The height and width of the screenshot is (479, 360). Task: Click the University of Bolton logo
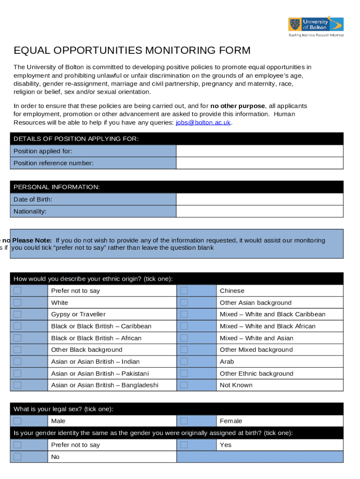pyautogui.click(x=316, y=26)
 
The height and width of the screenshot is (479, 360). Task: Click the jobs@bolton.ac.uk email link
pyautogui.click(x=203, y=123)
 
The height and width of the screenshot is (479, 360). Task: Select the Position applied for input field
pyautogui.click(x=259, y=151)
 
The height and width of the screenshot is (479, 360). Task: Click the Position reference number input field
pyautogui.click(x=259, y=163)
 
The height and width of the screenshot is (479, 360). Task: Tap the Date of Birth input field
pyautogui.click(x=259, y=199)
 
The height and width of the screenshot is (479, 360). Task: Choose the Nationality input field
pyautogui.click(x=259, y=211)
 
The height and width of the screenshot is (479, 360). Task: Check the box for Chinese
pyautogui.click(x=184, y=290)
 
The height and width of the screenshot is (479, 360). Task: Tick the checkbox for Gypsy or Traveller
pyautogui.click(x=17, y=314)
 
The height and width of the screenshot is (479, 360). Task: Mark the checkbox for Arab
pyautogui.click(x=184, y=362)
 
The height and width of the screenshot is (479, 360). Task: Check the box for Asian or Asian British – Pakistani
pyautogui.click(x=17, y=373)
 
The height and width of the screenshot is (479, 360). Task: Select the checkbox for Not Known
pyautogui.click(x=184, y=385)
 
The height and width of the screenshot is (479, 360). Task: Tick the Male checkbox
pyautogui.click(x=17, y=421)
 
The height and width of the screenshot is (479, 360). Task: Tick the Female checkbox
pyautogui.click(x=184, y=421)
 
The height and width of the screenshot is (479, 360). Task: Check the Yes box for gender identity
pyautogui.click(x=184, y=445)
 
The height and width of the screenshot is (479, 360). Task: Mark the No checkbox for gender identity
pyautogui.click(x=17, y=457)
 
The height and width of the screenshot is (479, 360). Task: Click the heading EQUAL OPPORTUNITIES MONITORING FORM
pyautogui.click(x=132, y=51)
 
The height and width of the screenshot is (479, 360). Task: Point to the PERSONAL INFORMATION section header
pyautogui.click(x=57, y=187)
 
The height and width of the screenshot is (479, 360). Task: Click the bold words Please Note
pyautogui.click(x=32, y=240)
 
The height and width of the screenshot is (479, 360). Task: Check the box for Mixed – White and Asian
pyautogui.click(x=184, y=338)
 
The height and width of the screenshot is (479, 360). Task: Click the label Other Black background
pyautogui.click(x=86, y=350)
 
